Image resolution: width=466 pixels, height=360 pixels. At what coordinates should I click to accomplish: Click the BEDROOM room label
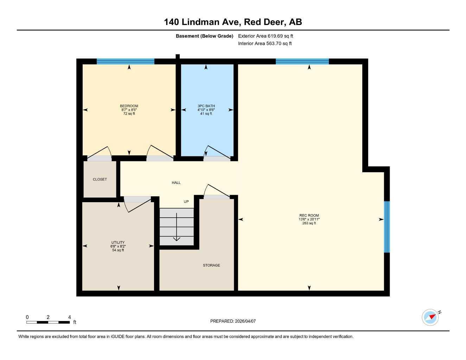tap(129, 106)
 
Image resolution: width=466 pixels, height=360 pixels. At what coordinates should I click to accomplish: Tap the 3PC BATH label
tap(206, 106)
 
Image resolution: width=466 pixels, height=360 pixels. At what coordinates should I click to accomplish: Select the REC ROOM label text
tap(309, 216)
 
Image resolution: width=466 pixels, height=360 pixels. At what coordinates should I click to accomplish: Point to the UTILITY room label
tap(118, 243)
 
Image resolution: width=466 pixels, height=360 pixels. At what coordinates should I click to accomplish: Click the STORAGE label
tap(211, 265)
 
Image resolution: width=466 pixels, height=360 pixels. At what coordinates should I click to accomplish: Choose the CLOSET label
tap(100, 179)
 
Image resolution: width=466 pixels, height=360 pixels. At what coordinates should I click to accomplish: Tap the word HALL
tap(176, 182)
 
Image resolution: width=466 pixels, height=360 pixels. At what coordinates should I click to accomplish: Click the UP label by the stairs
tap(186, 201)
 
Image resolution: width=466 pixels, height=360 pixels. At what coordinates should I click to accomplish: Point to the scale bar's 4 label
tap(69, 317)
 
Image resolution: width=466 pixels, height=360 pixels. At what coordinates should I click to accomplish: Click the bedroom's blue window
tap(126, 62)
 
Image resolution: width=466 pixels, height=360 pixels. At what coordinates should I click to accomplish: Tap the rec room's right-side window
tap(387, 227)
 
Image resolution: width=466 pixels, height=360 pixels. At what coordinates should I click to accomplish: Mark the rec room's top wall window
tap(302, 62)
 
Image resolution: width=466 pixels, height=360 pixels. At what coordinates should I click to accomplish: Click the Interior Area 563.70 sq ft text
tap(265, 44)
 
